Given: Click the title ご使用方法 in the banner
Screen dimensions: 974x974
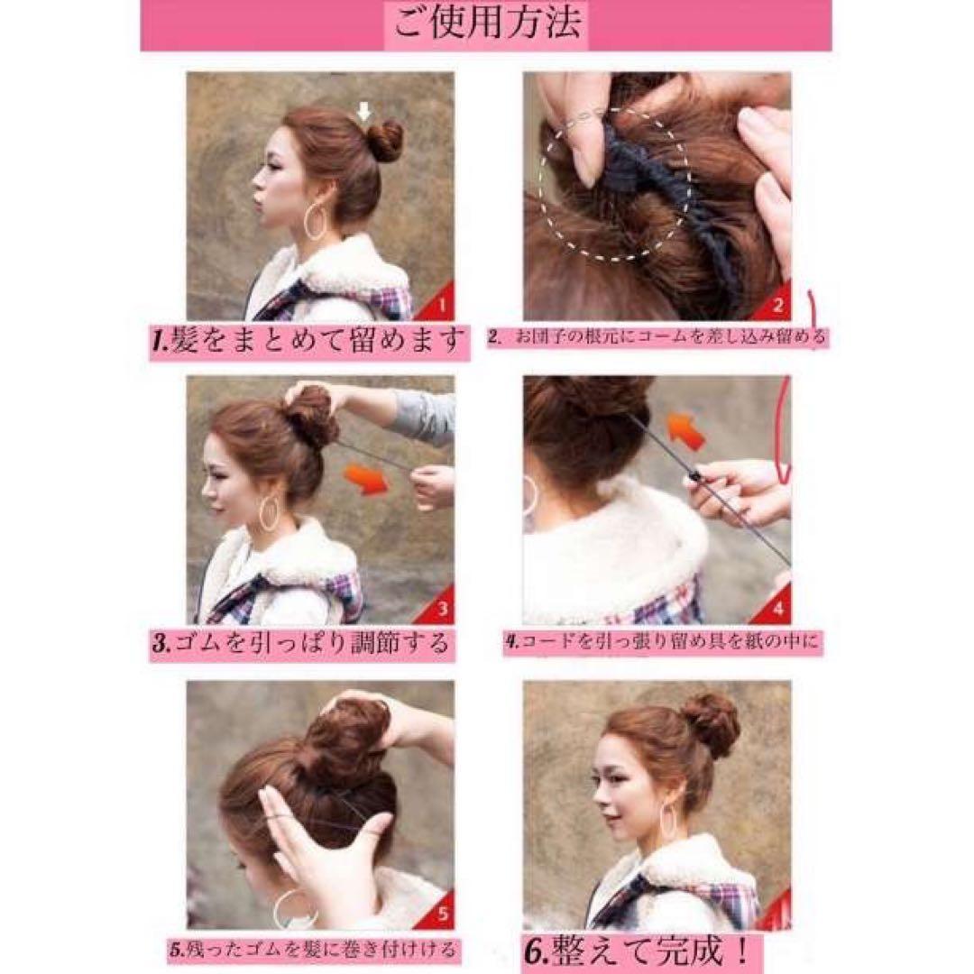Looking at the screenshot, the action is point(488,24).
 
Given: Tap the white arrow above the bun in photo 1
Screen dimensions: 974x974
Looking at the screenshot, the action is point(364,113).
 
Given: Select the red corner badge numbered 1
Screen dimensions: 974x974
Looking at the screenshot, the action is point(436,302).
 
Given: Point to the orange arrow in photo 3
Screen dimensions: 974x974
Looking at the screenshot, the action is point(366,481).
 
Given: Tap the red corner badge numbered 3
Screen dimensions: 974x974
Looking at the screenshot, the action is point(436,606).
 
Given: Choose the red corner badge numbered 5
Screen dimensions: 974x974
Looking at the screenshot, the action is point(436,910).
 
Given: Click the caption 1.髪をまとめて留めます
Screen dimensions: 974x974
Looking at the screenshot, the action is point(308,340).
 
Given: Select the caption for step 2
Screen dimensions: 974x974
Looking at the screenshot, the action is point(657,337).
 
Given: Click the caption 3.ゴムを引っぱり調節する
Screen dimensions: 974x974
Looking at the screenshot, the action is point(300,644).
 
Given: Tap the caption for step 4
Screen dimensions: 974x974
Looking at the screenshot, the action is point(661,642).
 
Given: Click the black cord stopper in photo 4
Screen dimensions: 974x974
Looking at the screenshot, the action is point(694,478).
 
